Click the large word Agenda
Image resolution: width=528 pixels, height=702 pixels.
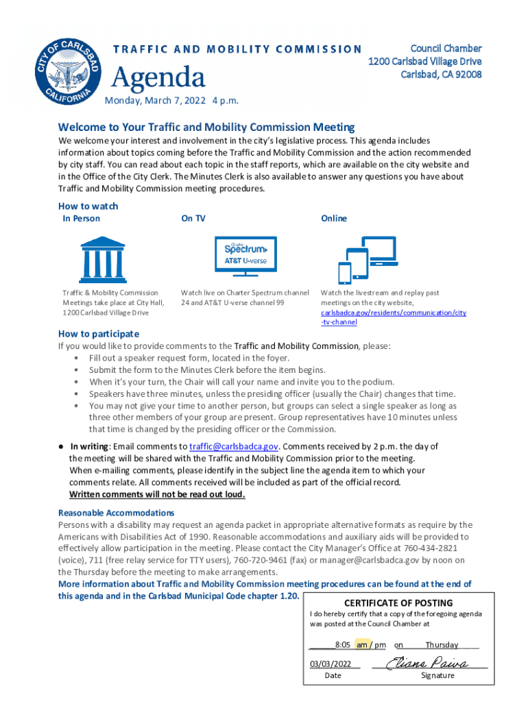click(158, 77)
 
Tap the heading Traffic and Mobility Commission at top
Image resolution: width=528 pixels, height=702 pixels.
click(237, 49)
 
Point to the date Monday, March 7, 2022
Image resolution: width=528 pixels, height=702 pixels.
click(171, 101)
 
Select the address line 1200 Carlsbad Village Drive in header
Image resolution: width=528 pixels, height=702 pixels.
click(424, 61)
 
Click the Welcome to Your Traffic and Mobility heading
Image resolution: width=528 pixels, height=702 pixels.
click(206, 127)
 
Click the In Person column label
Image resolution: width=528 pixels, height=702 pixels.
click(82, 219)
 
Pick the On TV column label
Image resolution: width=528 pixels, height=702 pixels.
click(193, 219)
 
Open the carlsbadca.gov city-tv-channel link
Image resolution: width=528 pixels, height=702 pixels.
click(393, 317)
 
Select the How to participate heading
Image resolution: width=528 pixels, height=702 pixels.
click(99, 334)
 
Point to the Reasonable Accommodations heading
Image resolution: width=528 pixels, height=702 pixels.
click(116, 513)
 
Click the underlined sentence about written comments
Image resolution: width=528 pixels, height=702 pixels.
click(157, 494)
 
